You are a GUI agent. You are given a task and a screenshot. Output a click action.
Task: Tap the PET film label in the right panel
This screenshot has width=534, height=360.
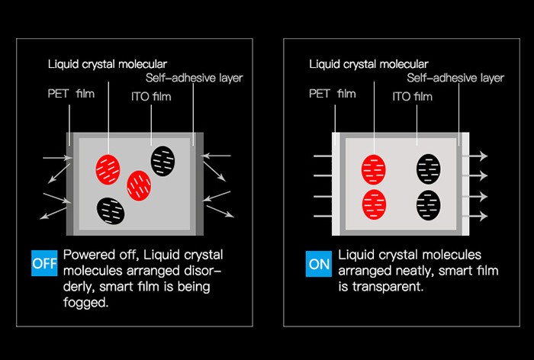tap(333, 95)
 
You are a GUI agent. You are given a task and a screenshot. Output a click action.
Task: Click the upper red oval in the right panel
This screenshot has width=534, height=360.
tap(375, 169)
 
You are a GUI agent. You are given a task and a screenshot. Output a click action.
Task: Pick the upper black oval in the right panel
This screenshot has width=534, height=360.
tap(429, 169)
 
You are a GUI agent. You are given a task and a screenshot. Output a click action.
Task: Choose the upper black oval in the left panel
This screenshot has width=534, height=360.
tap(162, 159)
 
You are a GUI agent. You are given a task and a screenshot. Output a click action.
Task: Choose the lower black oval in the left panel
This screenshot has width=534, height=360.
tap(111, 209)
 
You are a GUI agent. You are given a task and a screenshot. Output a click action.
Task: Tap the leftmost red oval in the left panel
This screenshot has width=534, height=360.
tap(108, 169)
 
